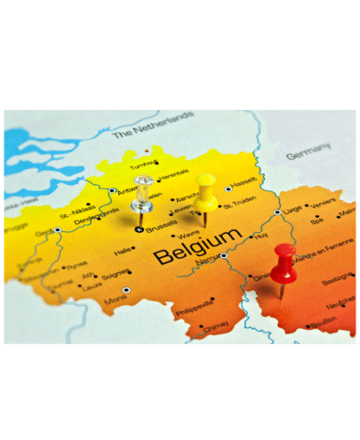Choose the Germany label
pos(308,156)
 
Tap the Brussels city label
pos(162,228)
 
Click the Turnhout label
pos(143,165)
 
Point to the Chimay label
pos(215,328)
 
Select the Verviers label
pos(324,202)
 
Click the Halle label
pos(123,252)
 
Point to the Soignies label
pos(116,276)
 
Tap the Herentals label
pos(176,173)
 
